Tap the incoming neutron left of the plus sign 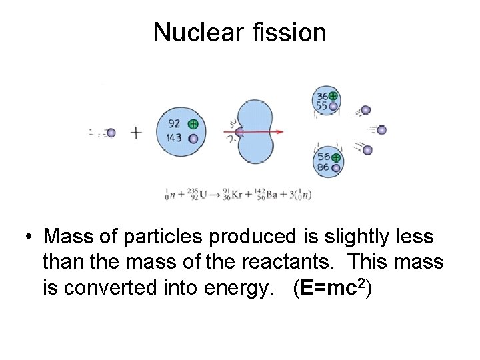click(x=111, y=133)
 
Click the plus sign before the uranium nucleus click(x=136, y=133)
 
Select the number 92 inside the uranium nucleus click(x=175, y=123)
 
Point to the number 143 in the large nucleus click(x=175, y=138)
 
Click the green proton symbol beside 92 click(x=193, y=124)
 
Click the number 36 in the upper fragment click(x=322, y=96)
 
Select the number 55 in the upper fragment click(x=322, y=106)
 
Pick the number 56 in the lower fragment click(x=323, y=157)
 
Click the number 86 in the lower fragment click(x=323, y=168)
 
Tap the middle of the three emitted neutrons click(x=381, y=130)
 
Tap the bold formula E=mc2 click(x=331, y=289)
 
